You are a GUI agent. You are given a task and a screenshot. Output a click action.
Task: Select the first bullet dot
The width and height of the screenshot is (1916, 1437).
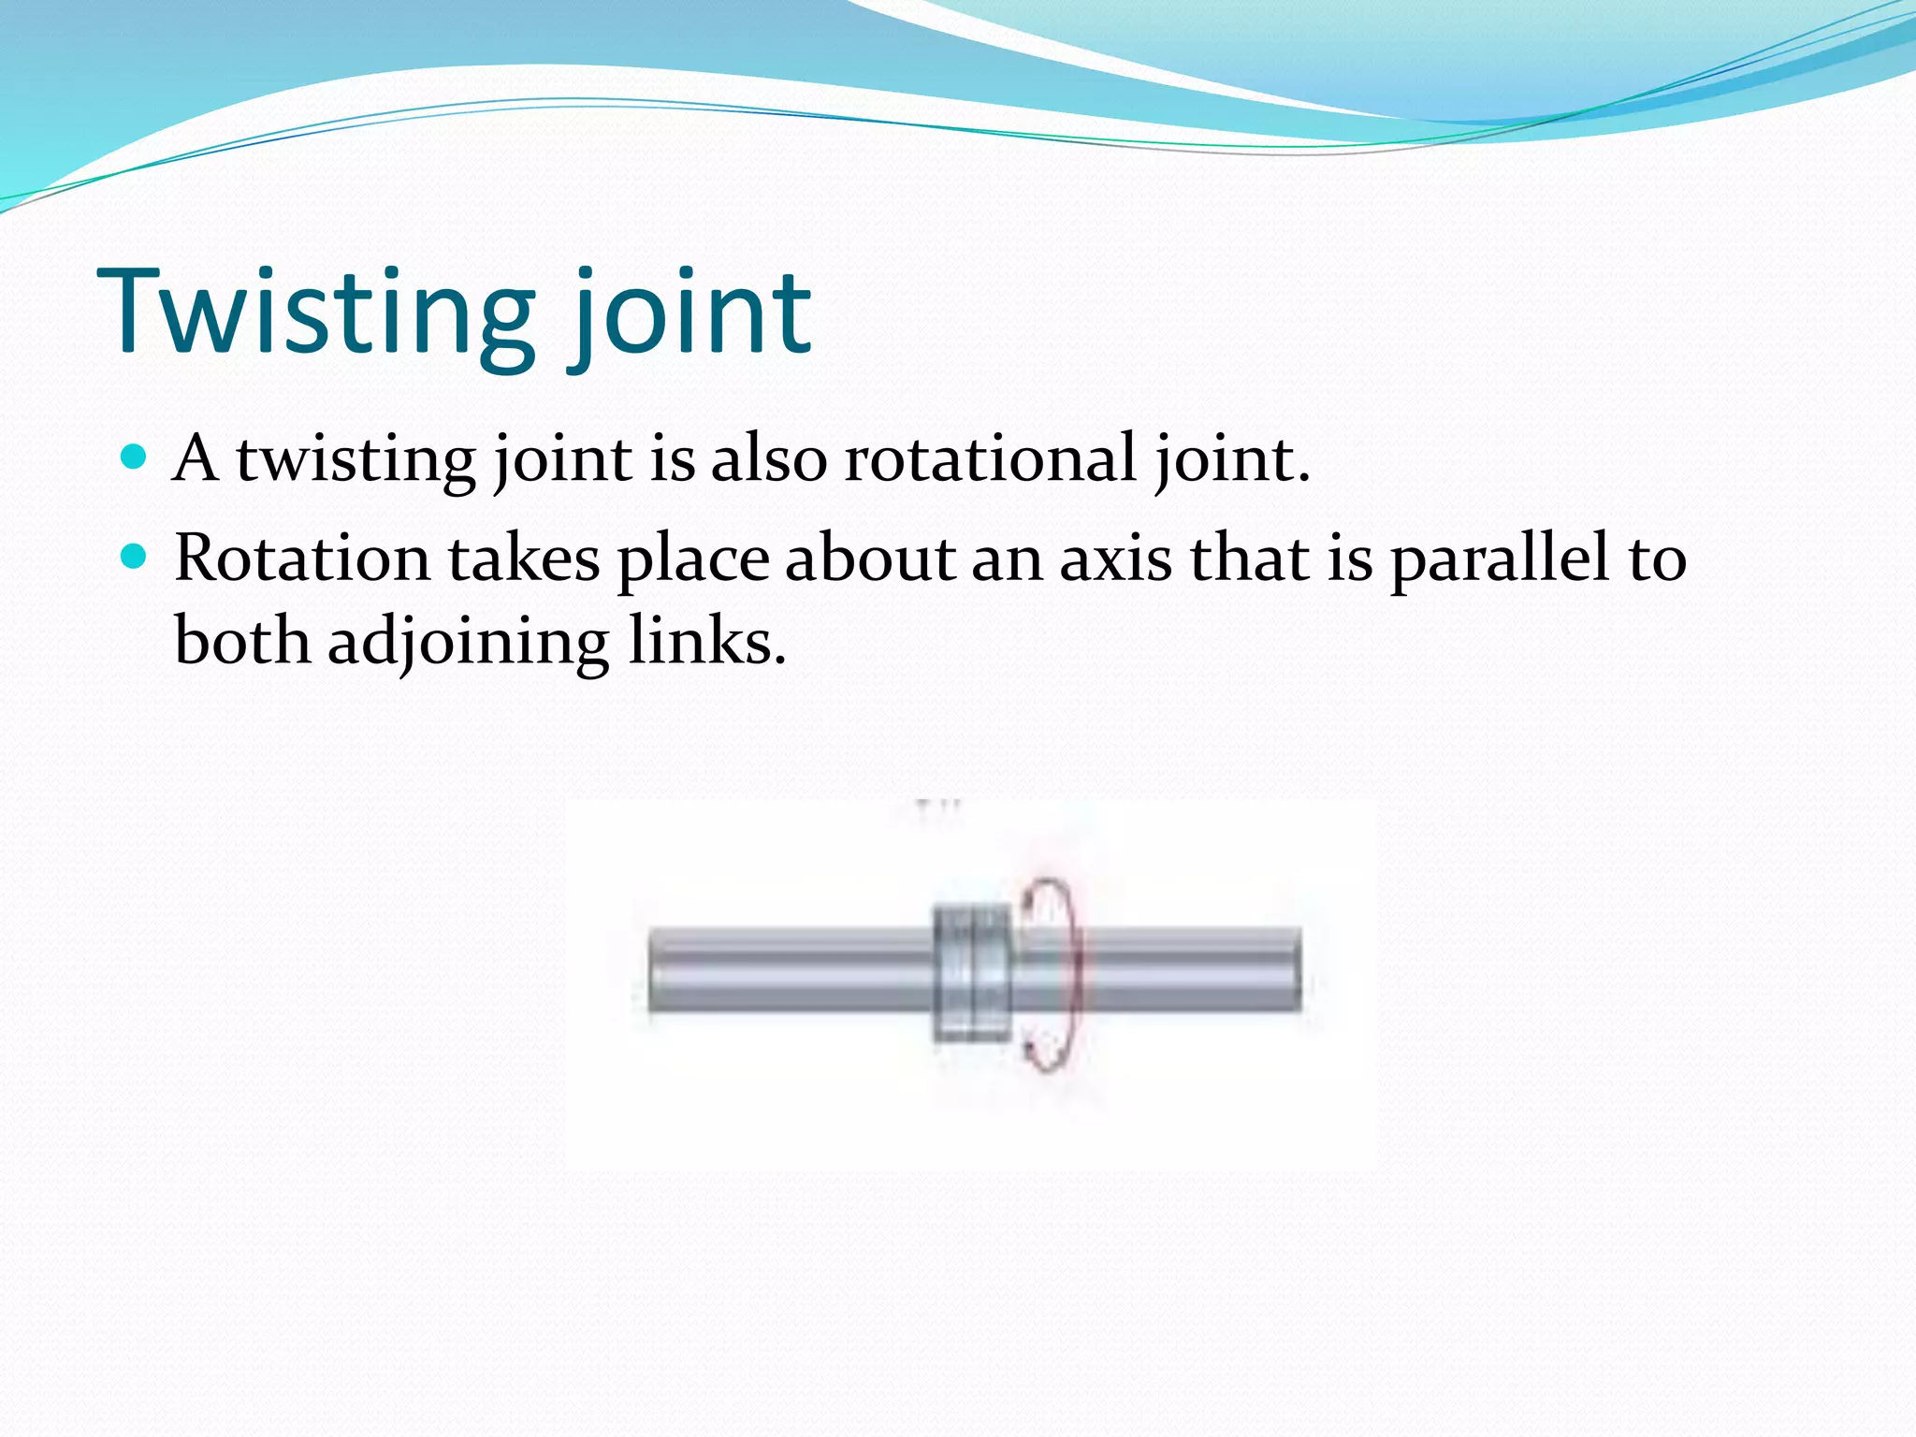coord(135,457)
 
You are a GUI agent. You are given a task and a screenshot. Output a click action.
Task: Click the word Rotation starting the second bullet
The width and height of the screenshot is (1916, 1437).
coord(302,559)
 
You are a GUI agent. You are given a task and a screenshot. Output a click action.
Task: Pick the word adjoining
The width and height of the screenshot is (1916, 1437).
coord(468,643)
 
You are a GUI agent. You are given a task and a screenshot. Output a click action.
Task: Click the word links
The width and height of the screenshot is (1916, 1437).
coord(706,642)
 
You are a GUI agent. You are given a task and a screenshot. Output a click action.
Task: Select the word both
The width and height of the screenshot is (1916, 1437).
coord(242,642)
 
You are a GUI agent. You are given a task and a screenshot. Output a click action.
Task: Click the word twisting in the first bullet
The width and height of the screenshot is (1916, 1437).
coord(356,461)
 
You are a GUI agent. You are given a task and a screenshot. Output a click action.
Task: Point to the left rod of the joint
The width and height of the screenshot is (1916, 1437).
coord(791,969)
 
